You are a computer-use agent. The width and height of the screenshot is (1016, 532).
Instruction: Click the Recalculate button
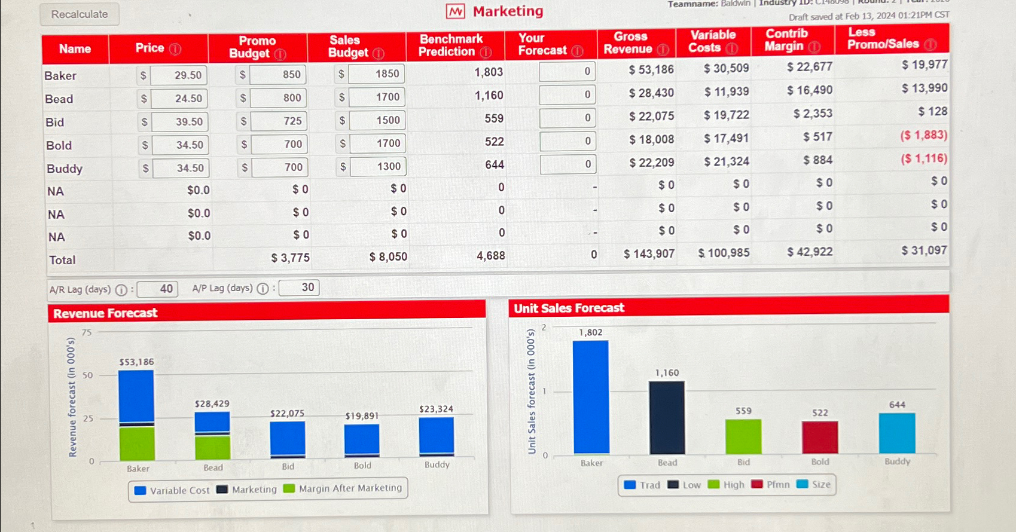[80, 14]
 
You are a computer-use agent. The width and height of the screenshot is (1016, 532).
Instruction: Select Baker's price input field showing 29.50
[179, 75]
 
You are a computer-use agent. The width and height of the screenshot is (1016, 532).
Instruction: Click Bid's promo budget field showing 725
[279, 121]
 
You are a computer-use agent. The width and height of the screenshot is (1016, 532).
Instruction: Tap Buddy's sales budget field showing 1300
[379, 167]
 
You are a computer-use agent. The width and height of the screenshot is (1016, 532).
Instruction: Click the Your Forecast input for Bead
[567, 94]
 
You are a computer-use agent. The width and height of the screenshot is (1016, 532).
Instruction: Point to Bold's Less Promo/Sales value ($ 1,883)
[923, 135]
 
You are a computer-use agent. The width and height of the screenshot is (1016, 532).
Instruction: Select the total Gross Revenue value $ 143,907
[649, 253]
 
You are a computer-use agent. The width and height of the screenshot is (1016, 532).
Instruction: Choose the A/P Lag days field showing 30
[299, 288]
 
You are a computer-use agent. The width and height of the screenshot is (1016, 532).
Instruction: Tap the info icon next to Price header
[175, 49]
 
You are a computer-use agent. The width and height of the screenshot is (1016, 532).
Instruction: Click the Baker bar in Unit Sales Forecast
[590, 397]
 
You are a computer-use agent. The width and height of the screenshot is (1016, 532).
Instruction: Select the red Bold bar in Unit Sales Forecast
[819, 437]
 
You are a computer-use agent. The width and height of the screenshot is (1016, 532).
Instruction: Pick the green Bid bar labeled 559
[743, 436]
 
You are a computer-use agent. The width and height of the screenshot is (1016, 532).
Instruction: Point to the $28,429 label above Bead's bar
[212, 404]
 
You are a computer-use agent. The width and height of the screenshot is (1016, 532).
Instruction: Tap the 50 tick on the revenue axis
[88, 375]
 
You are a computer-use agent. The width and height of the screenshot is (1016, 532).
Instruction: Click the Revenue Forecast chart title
[105, 313]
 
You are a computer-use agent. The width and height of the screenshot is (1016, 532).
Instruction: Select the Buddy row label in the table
[65, 169]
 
